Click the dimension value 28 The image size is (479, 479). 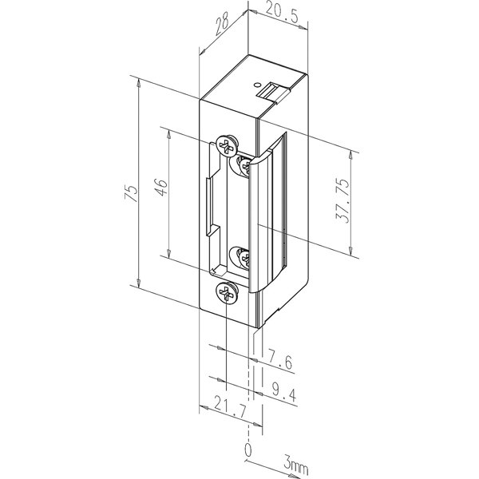coord(223,26)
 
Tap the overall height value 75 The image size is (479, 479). coord(132,193)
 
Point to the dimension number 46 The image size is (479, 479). coord(161,187)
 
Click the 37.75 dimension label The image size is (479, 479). coord(342,200)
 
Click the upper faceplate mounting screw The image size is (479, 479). coord(227,144)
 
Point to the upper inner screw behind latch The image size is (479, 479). coord(243,165)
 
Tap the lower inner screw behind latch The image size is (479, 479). coord(243,259)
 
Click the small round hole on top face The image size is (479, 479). coord(257,85)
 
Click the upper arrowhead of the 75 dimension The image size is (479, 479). coord(139,82)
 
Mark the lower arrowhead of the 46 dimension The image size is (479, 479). coord(168,252)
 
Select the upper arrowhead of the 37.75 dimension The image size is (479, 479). coord(350,155)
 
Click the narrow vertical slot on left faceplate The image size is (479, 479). coord(208,206)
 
